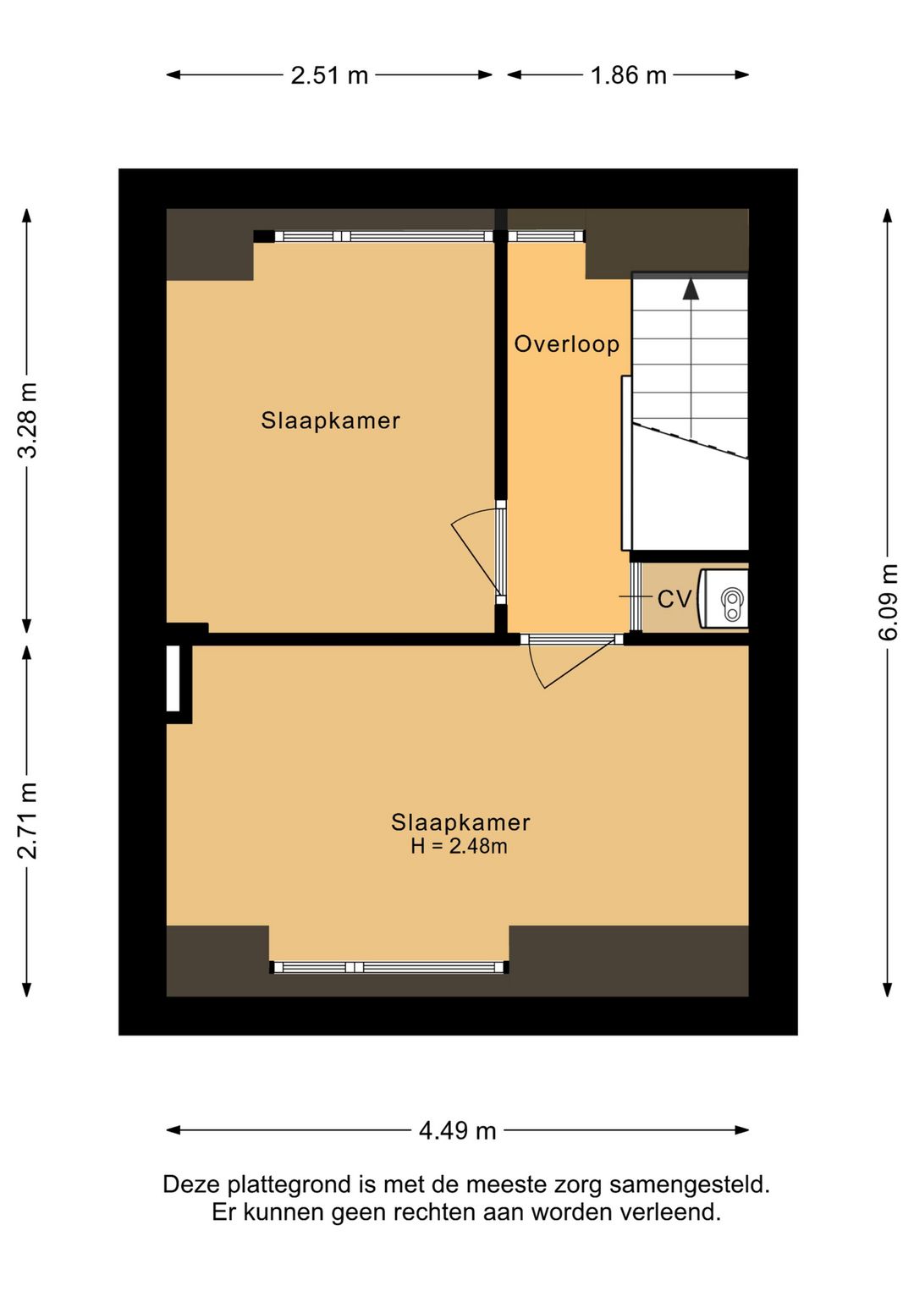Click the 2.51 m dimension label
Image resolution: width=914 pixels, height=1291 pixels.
coord(329,75)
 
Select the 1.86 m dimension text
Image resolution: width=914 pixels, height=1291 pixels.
coord(629,75)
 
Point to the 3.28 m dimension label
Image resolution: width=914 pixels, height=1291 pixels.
coord(27,420)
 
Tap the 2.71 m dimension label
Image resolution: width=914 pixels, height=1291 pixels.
coord(27,821)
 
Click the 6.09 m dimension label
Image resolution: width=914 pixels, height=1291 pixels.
coord(888,602)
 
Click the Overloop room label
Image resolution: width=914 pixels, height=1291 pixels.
coord(567,344)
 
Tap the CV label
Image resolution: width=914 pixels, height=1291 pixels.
coord(674,599)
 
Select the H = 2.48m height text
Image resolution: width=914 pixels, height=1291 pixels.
coord(459,846)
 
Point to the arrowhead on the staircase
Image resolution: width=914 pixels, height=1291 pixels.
coord(691,289)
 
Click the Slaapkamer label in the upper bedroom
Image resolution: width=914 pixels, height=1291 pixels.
coord(330,420)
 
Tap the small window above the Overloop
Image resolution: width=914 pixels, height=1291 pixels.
coord(546,236)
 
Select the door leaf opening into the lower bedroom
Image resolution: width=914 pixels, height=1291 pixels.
coord(580,662)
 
